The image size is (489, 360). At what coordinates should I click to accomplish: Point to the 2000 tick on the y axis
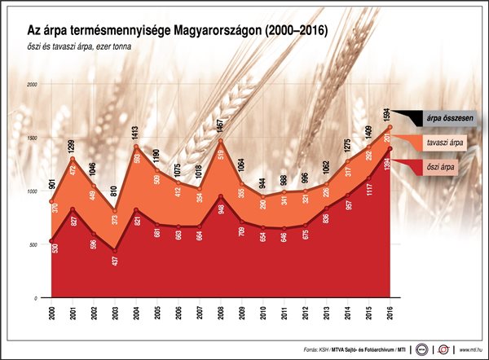point(33,85)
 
